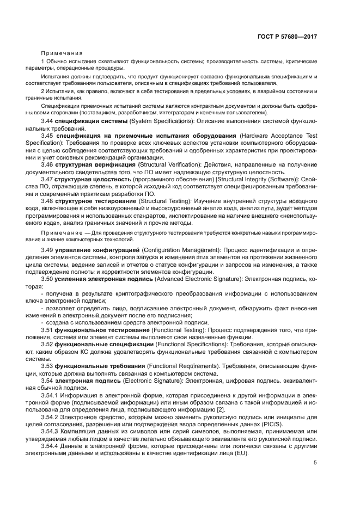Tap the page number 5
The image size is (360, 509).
point(315,463)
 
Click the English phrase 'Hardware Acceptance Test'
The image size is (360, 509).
point(278,134)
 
